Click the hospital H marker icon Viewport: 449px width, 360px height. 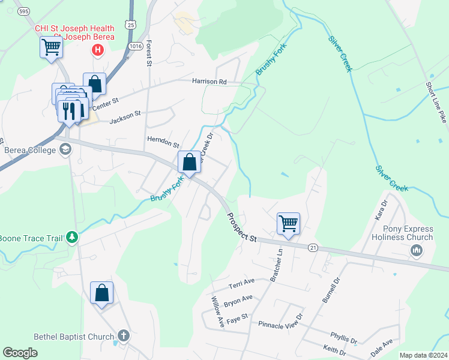97,50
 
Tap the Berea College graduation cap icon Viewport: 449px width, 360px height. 65,149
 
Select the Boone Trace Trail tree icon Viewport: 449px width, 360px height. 72,238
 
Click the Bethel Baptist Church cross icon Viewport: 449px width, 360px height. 123,336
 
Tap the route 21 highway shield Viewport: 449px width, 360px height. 313,247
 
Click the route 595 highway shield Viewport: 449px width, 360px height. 23,11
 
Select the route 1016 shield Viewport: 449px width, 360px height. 134,45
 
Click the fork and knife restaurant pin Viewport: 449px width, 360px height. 68,111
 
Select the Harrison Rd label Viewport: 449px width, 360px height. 209,81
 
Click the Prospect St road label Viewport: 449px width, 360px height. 241,227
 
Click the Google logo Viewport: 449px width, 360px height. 20,353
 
